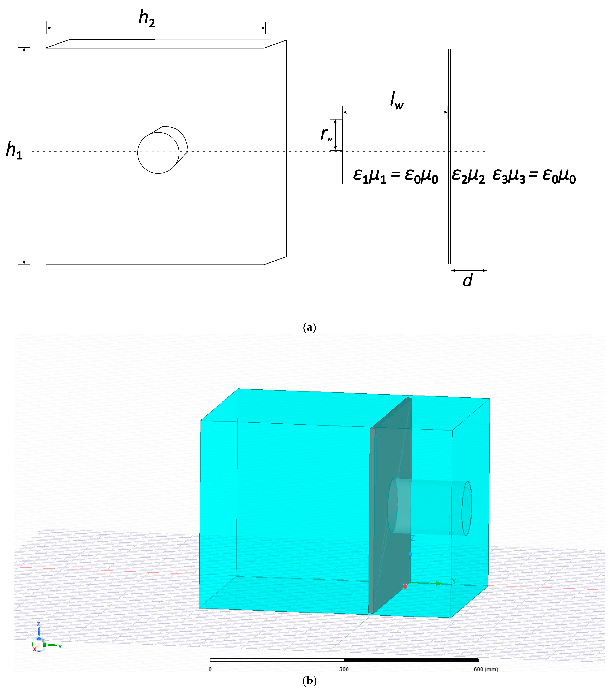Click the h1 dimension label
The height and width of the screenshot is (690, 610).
click(14, 151)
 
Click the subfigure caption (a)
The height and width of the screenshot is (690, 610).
click(309, 327)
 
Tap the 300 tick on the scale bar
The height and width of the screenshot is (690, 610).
click(344, 669)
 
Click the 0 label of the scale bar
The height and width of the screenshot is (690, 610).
click(210, 669)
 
